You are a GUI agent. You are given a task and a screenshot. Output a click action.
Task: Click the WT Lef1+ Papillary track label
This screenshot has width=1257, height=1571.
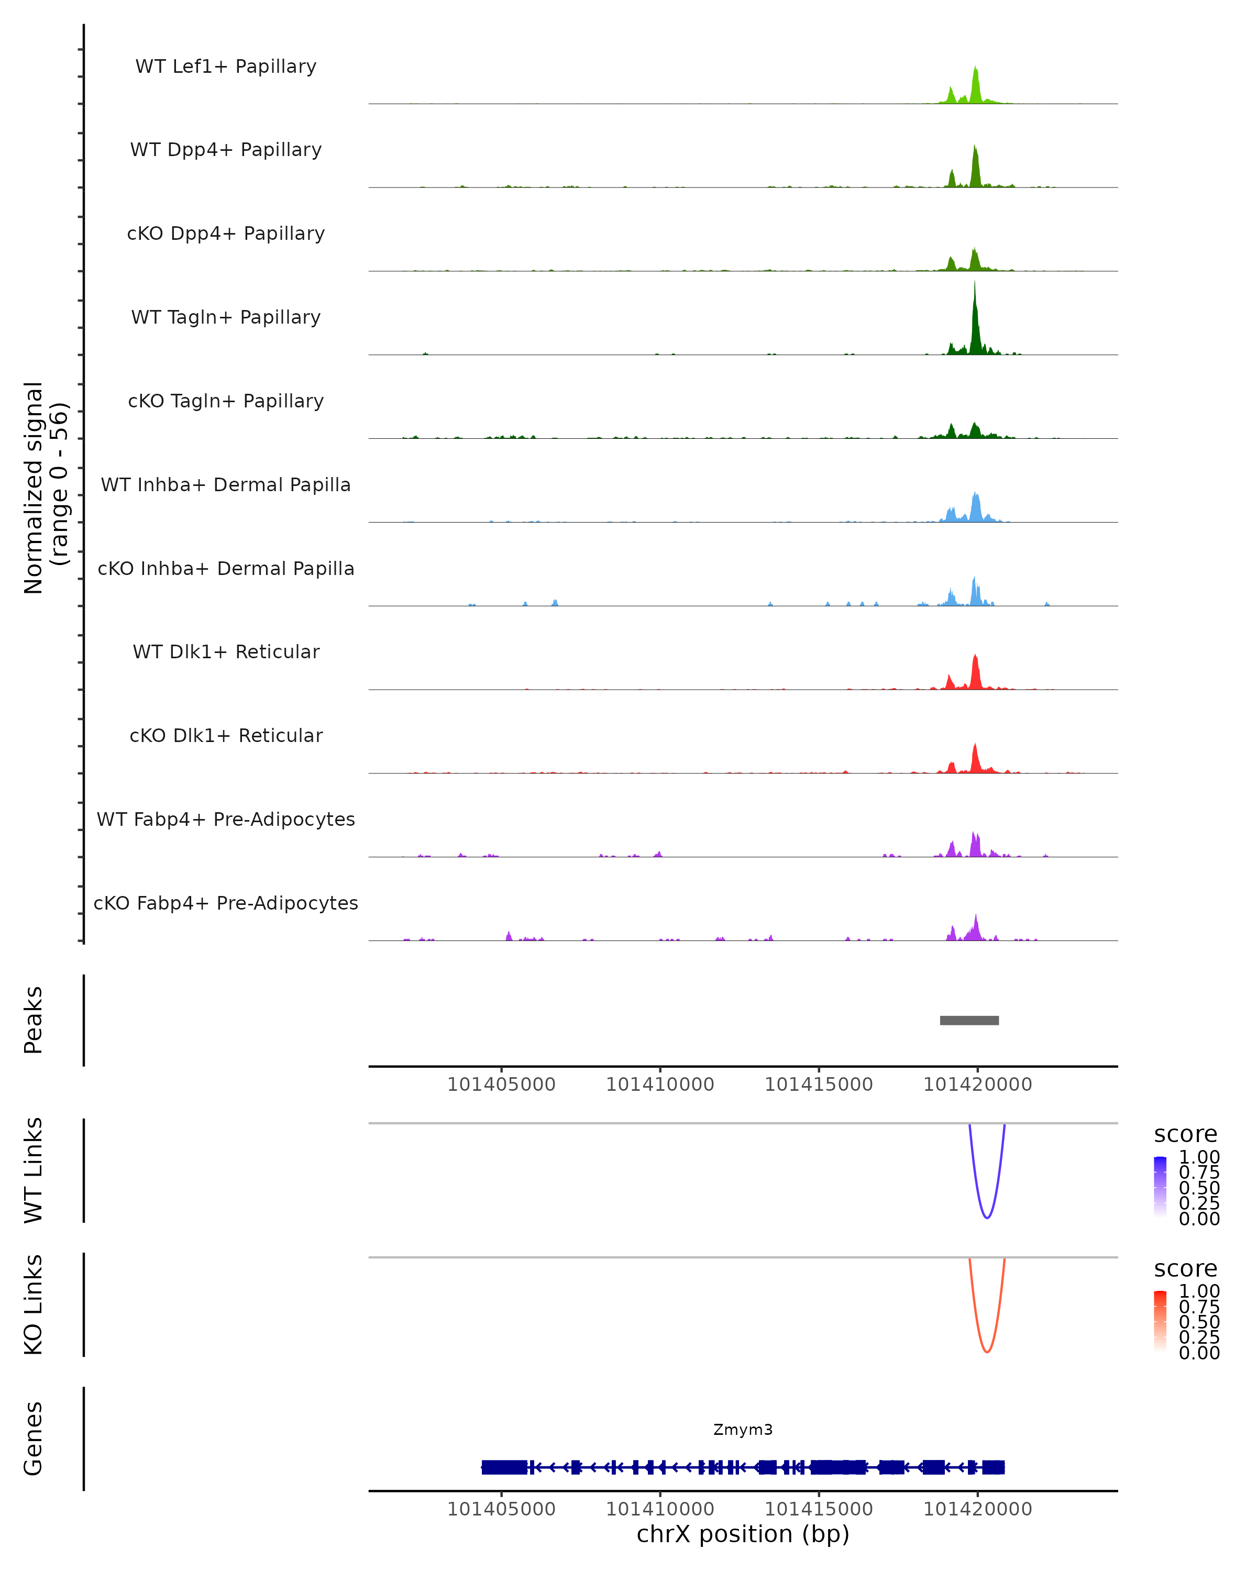[x=226, y=67]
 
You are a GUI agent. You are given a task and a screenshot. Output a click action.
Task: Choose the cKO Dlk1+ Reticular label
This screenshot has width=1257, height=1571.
[x=226, y=735]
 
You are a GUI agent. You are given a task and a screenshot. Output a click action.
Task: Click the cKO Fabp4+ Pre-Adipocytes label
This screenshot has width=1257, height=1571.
[x=226, y=903]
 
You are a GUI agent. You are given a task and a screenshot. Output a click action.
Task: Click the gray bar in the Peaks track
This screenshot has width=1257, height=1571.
[x=969, y=1020]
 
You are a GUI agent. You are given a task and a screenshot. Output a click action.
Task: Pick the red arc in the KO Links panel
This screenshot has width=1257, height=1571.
[x=987, y=1350]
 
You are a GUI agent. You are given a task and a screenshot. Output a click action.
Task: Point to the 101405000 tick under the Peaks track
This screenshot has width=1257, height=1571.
[x=501, y=1085]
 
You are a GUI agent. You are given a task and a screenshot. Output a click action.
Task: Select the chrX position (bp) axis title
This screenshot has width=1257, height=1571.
[x=743, y=1534]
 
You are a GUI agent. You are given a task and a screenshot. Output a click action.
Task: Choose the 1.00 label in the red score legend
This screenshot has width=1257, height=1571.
[x=1199, y=1291]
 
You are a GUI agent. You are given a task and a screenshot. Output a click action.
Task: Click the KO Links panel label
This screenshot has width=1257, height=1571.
[x=34, y=1304]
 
